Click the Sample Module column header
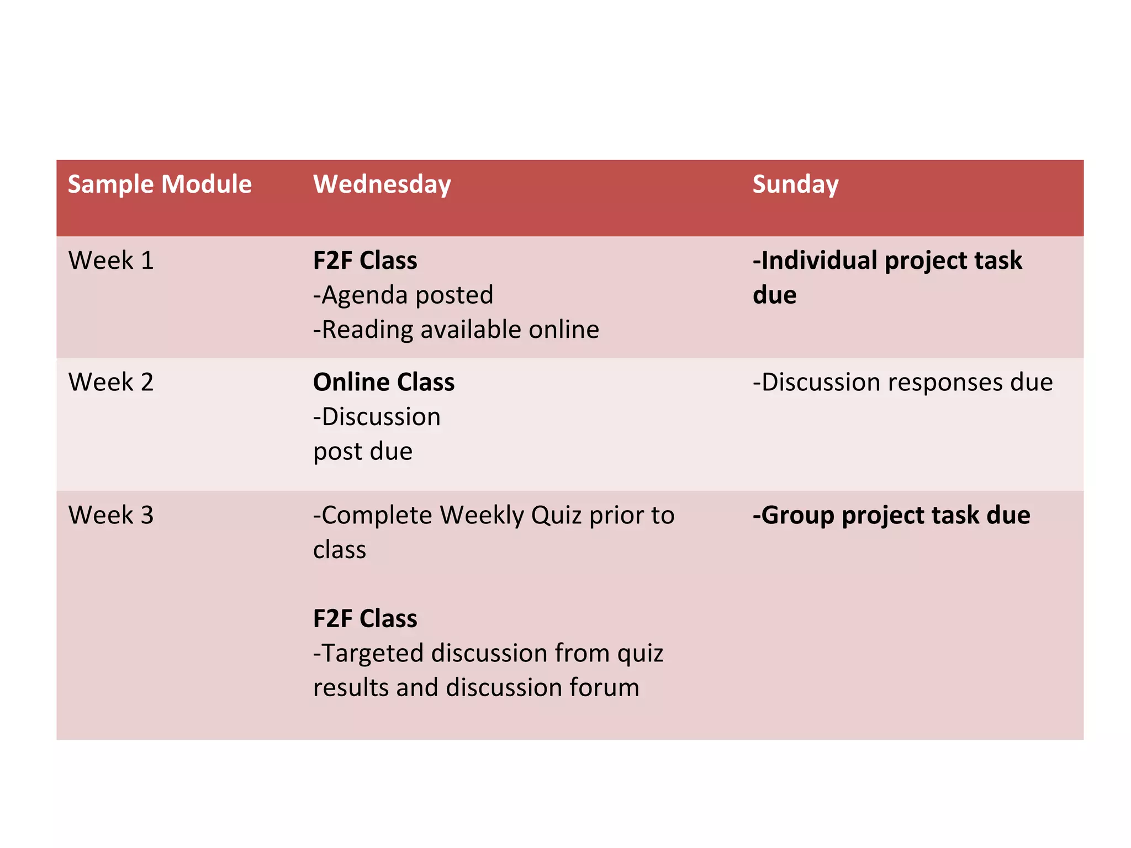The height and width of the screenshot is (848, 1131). [160, 184]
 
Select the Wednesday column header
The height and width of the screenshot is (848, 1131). [382, 184]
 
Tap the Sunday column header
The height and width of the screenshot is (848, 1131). [795, 184]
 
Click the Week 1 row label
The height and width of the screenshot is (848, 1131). [110, 261]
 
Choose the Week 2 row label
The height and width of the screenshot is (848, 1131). [110, 382]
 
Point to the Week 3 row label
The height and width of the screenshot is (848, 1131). [110, 515]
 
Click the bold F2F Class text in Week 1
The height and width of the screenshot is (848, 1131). [365, 261]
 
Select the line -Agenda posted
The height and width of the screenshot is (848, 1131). [403, 295]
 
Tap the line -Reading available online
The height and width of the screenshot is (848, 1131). [456, 330]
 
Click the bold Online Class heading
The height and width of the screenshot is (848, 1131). [384, 382]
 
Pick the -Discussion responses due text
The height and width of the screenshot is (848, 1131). [902, 382]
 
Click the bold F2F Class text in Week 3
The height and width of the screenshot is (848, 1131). [365, 618]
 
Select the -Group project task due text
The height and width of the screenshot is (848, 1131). [891, 515]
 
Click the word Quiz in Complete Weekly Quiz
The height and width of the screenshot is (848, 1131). [556, 515]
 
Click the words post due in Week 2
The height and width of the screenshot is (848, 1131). [363, 452]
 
